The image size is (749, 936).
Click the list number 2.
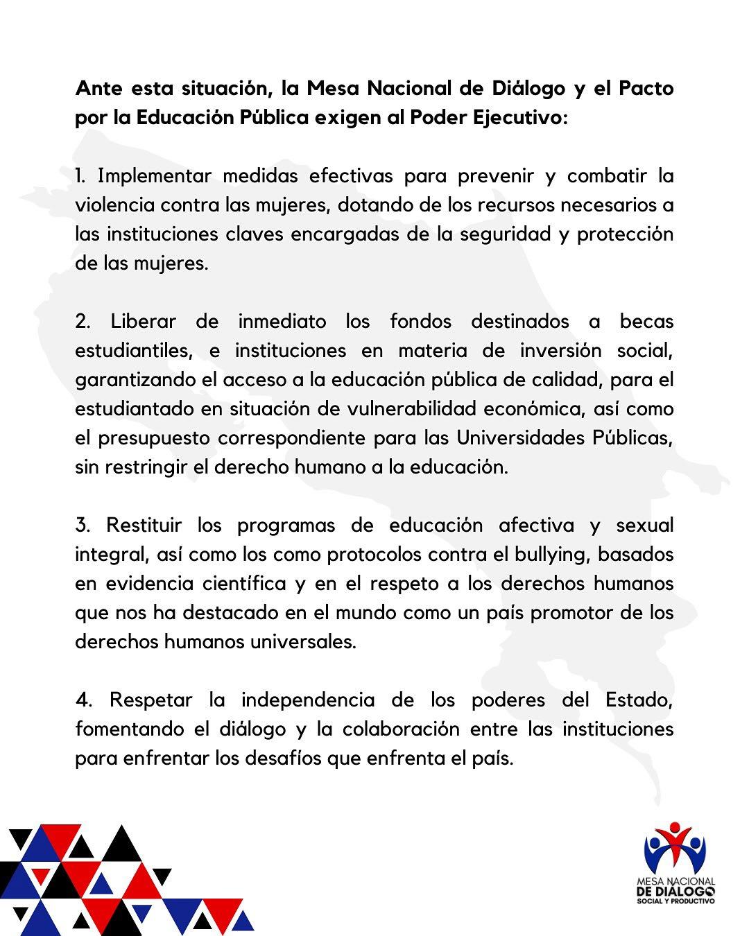coord(83,322)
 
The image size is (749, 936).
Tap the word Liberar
coord(144,322)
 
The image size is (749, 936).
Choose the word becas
coord(646,322)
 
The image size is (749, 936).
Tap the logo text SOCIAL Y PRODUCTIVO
coord(676,901)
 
